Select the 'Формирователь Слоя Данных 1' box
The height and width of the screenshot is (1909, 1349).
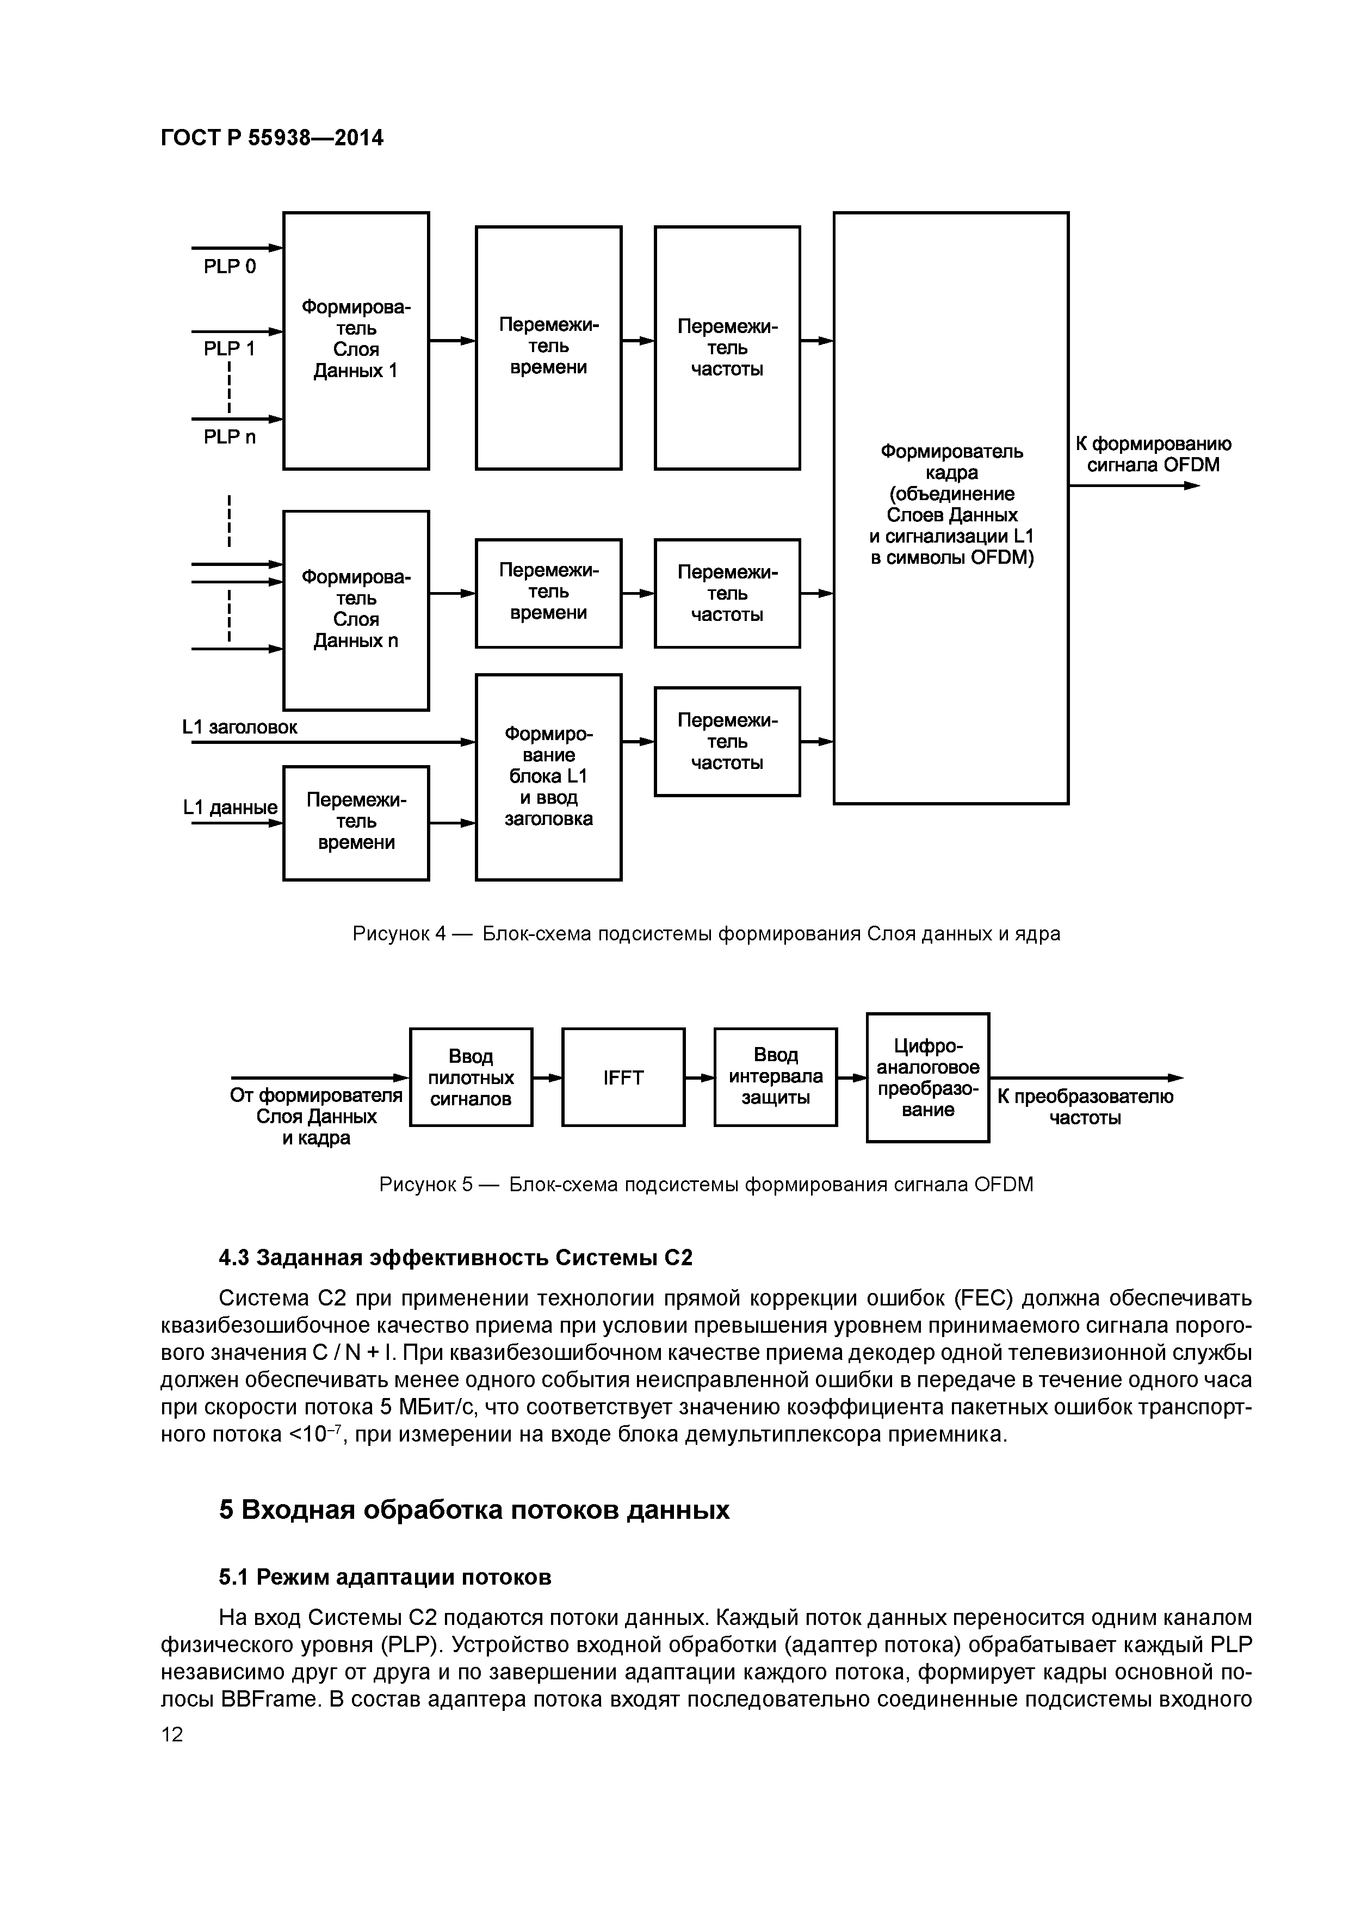356,340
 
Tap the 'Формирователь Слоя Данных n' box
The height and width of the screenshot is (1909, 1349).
356,609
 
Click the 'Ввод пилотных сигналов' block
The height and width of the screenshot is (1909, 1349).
471,1077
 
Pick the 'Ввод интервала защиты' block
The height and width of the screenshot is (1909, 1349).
776,1077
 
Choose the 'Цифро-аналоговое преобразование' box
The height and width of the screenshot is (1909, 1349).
927,1077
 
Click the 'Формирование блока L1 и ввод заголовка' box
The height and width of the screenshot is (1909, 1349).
549,777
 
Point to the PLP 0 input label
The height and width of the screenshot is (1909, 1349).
230,267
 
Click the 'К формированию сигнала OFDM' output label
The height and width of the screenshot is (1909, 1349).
1153,454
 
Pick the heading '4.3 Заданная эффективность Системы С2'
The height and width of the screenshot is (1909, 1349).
455,1257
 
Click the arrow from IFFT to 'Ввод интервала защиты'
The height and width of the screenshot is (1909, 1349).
699,1077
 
